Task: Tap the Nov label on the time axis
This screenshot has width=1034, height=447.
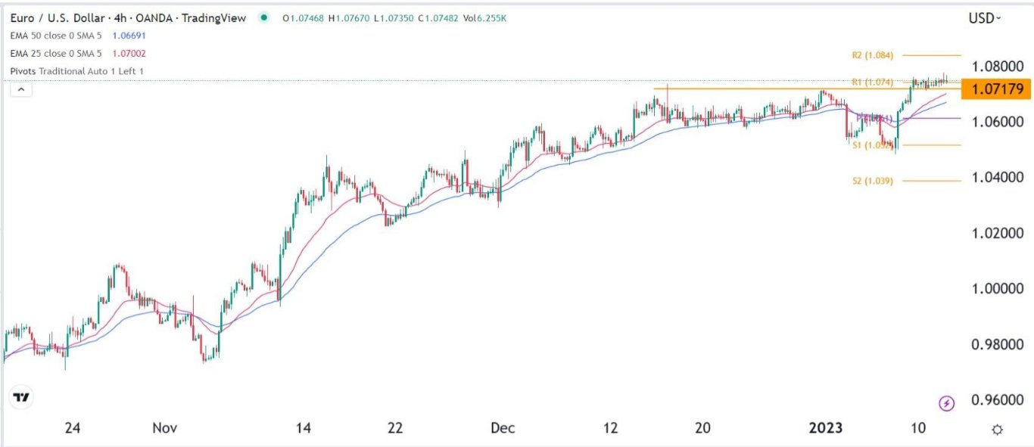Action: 165,428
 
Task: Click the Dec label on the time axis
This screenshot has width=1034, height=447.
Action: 503,428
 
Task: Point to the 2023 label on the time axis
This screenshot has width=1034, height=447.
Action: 826,428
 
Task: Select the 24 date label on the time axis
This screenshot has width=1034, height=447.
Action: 72,428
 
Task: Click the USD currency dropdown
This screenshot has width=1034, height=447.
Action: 984,18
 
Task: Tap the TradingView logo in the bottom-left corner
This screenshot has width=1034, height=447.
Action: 22,397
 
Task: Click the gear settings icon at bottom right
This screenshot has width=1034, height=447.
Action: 998,429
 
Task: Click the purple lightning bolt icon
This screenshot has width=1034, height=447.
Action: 946,403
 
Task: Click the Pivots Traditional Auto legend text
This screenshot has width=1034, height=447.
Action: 76,71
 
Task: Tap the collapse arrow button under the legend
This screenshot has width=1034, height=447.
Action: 21,90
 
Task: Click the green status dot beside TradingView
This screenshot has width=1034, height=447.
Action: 263,18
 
